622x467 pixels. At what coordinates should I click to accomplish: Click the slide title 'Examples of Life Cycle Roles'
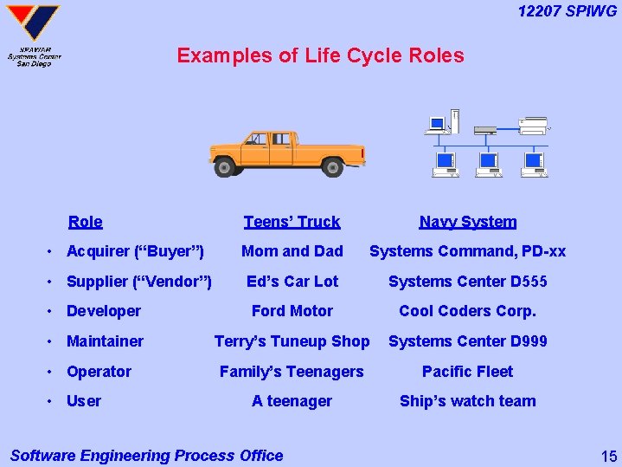[320, 56]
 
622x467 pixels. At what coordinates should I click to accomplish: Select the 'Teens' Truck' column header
[292, 222]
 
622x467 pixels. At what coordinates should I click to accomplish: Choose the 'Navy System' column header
[467, 222]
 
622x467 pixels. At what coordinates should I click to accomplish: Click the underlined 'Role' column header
[85, 222]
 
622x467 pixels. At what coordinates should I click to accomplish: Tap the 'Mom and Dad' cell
[292, 251]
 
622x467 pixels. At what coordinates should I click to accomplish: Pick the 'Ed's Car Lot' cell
[292, 282]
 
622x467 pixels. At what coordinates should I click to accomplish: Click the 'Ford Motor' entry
[292, 311]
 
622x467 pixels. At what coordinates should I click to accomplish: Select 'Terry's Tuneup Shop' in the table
[292, 341]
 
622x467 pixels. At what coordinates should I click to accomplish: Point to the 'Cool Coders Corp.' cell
[467, 311]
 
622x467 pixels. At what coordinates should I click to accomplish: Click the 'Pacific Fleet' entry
[467, 372]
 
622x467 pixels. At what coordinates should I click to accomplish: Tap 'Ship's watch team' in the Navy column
[467, 401]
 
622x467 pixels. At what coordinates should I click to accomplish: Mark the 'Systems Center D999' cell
[467, 341]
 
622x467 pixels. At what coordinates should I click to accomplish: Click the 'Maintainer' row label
[105, 341]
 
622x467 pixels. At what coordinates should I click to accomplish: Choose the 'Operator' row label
[99, 372]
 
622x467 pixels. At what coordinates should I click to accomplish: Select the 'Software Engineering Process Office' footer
[146, 456]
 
